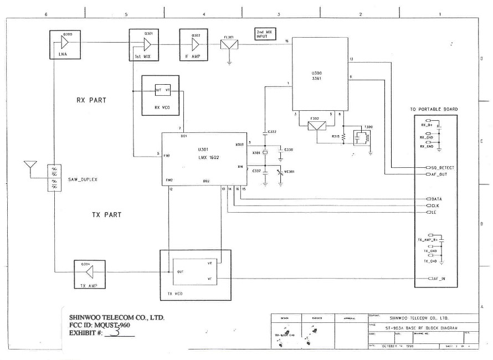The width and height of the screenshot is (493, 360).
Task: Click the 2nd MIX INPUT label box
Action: pyautogui.click(x=265, y=34)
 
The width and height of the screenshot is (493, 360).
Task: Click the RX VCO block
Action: pyautogui.click(x=160, y=95)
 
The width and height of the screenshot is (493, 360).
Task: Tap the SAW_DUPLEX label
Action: pyautogui.click(x=81, y=179)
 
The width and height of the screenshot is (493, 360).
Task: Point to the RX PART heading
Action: pyautogui.click(x=91, y=100)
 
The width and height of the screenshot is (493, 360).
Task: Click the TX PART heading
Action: pyautogui.click(x=107, y=215)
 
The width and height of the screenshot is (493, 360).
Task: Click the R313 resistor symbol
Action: pyautogui.click(x=344, y=136)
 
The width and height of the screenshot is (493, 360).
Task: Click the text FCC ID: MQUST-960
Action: pyautogui.click(x=100, y=325)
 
